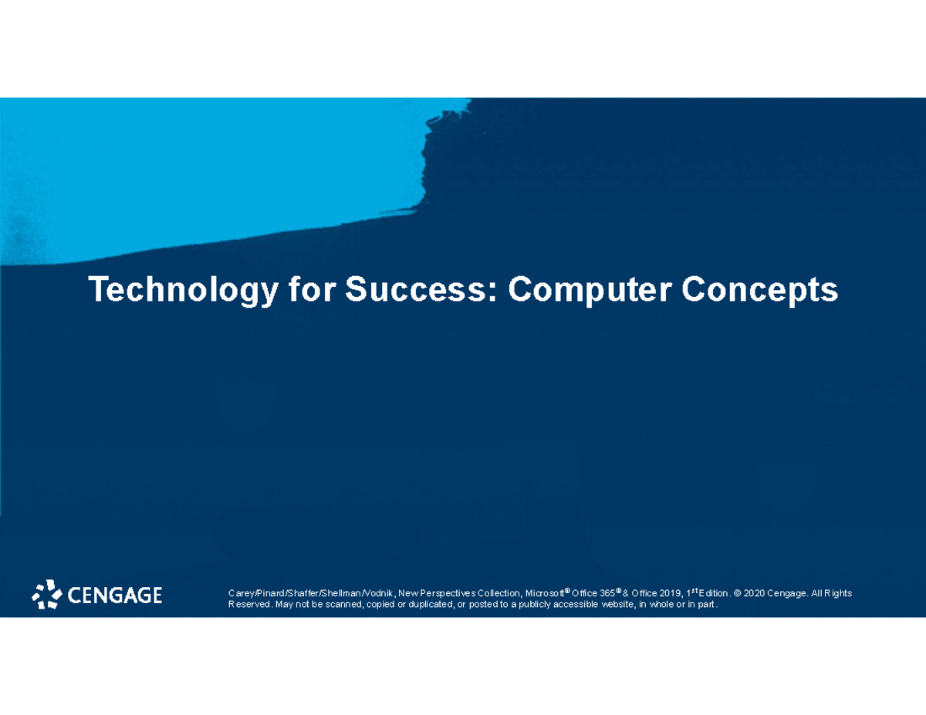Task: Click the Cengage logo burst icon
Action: click(47, 594)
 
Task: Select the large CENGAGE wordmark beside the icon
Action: click(115, 595)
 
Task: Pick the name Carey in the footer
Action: click(241, 593)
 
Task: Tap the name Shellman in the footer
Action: click(340, 593)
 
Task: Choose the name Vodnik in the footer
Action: click(378, 593)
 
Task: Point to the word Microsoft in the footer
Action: click(545, 593)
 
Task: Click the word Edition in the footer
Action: click(713, 593)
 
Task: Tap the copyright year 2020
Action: click(756, 593)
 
